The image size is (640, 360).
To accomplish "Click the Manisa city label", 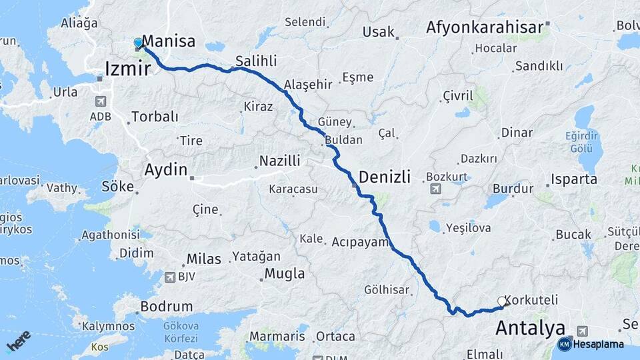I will coord(169,41).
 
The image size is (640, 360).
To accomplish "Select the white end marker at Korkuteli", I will coord(502,302).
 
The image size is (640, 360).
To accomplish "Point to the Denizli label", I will coord(384,177).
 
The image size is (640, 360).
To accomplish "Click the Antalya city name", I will coord(531,328).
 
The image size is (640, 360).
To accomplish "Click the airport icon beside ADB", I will coord(101,102).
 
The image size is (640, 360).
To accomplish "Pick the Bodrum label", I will coord(167,307).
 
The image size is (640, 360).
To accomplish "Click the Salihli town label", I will coord(256,61).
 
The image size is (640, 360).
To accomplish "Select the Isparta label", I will coord(573,180).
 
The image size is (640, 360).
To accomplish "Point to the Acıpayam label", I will coord(360,241).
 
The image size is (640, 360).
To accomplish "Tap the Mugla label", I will coord(285,273).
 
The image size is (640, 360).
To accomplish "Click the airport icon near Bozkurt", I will coord(435,189).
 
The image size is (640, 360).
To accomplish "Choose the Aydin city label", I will coord(166,170).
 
